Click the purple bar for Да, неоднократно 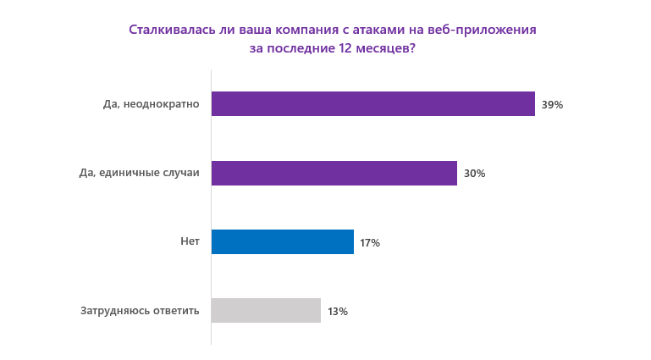pyautogui.click(x=372, y=104)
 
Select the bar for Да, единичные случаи pyautogui.click(x=334, y=173)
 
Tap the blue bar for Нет pyautogui.click(x=282, y=242)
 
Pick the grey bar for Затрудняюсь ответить pyautogui.click(x=266, y=311)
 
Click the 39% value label pyautogui.click(x=552, y=105)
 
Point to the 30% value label pyautogui.click(x=474, y=174)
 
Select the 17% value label pyautogui.click(x=370, y=243)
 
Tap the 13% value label pyautogui.click(x=338, y=312)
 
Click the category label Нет pyautogui.click(x=190, y=241)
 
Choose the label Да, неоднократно pyautogui.click(x=151, y=104)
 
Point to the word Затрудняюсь pyautogui.click(x=115, y=311)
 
